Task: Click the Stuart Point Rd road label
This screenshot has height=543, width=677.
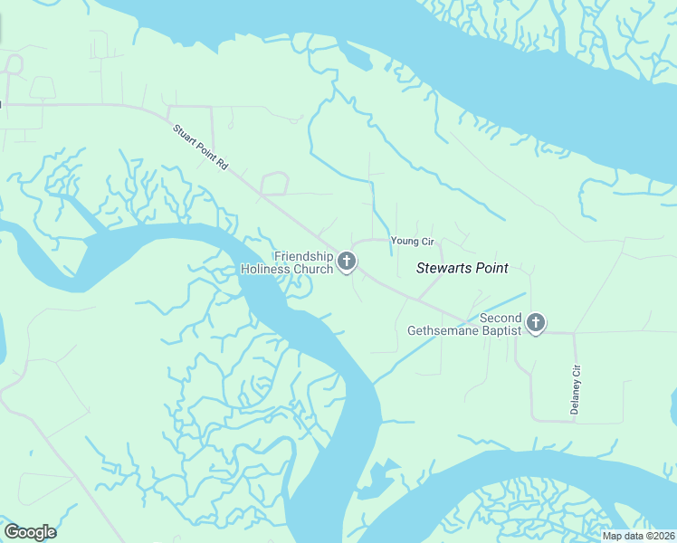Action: point(200,146)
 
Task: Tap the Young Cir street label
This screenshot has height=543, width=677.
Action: point(413,241)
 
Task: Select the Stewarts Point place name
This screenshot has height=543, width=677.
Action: point(462,268)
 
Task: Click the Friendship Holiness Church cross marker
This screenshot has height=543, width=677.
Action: point(346,262)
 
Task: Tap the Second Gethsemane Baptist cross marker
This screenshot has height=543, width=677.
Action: point(536,322)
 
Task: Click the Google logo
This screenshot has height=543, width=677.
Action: point(30,532)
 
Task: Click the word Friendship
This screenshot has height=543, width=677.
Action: point(303,256)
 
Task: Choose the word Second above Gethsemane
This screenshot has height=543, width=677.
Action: point(501,318)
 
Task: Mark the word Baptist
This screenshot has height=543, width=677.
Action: point(502,330)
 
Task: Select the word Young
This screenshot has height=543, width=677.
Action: point(405,241)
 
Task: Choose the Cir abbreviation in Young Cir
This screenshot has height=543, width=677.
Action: point(428,241)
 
